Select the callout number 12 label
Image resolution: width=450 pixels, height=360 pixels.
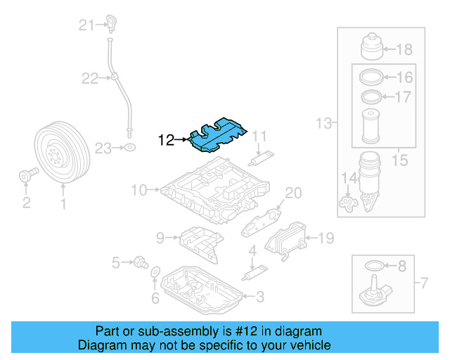point(166,140)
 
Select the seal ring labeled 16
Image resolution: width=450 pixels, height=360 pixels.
point(371,77)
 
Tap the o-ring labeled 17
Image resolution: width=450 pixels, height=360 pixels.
point(371,96)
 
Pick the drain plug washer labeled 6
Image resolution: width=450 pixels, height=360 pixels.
point(155,273)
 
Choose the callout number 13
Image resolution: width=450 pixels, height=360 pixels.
point(323,124)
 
